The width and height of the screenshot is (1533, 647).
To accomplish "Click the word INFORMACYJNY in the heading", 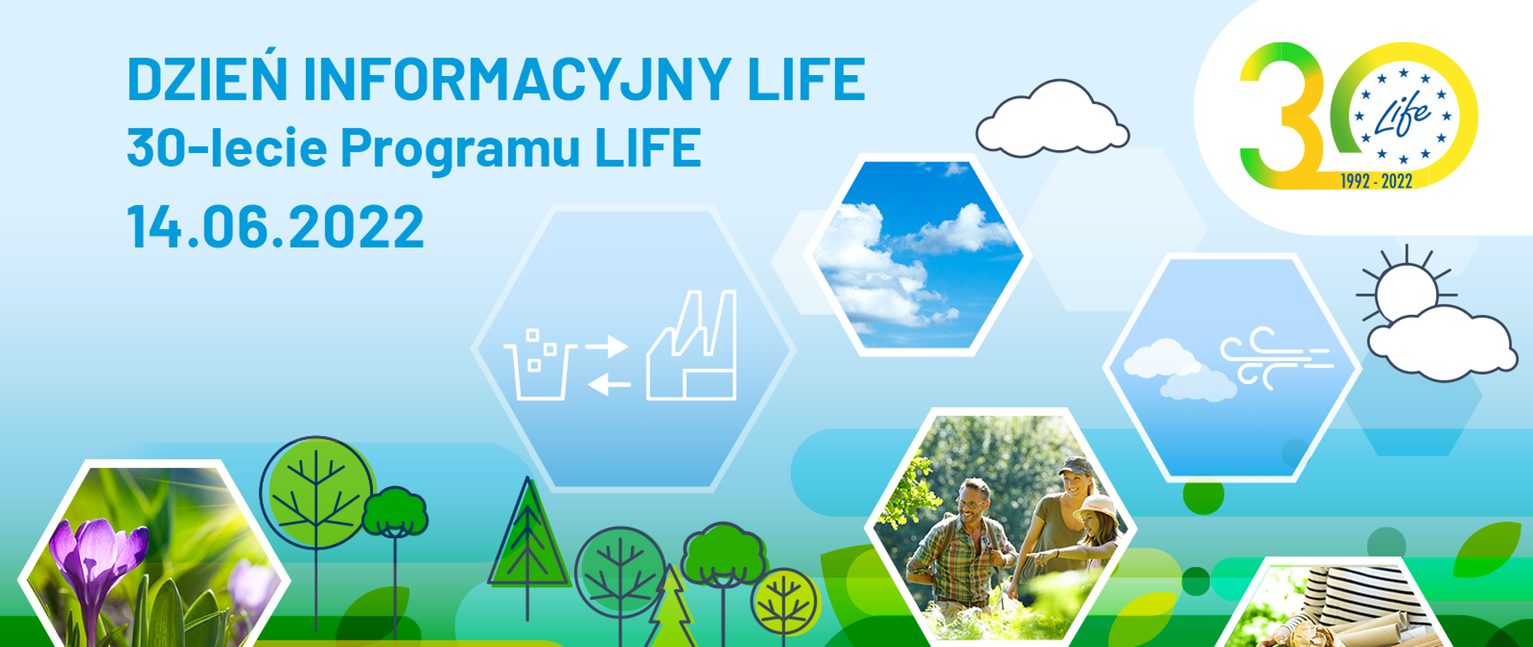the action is coord(517,79).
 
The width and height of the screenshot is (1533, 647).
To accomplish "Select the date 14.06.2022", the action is coord(275,226).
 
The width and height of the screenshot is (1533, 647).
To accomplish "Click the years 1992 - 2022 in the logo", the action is coord(1377,181).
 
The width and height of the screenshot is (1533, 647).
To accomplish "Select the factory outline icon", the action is coord(691,345).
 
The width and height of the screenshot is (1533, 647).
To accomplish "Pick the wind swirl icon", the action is coord(1276,357).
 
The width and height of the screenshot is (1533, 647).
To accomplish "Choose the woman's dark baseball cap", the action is coord(1075,465).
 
